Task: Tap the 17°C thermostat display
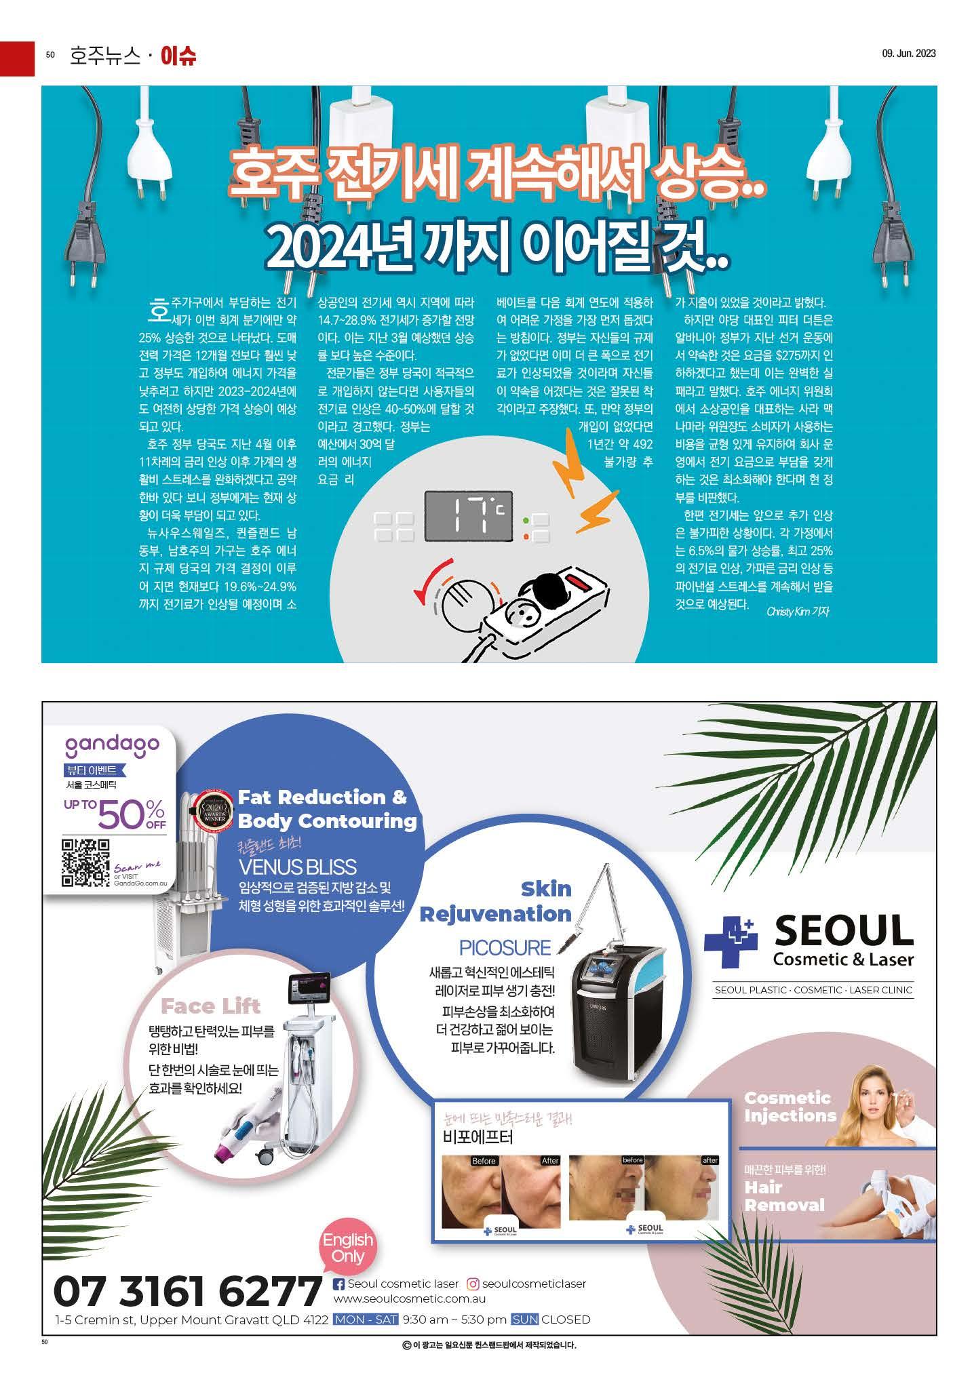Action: click(x=468, y=515)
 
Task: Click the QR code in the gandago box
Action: click(x=85, y=862)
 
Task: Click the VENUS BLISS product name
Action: click(x=297, y=867)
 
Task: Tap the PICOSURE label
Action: click(x=505, y=947)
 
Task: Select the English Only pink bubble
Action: click(x=348, y=1246)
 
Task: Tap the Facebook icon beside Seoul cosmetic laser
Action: click(x=339, y=1284)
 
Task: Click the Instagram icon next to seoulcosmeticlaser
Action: click(x=474, y=1284)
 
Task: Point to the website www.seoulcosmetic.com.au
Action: click(x=409, y=1299)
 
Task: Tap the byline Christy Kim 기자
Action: click(x=798, y=611)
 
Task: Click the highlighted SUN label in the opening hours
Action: click(x=524, y=1320)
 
